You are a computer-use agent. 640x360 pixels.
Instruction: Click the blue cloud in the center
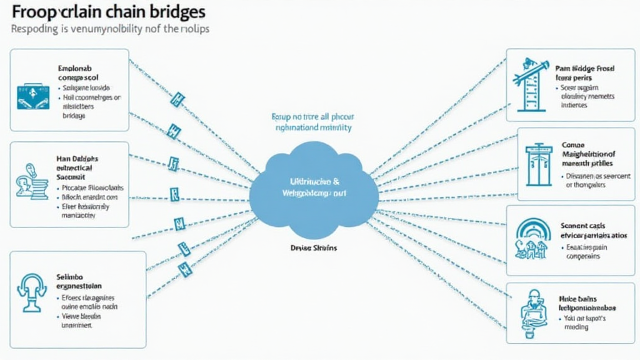tap(314, 187)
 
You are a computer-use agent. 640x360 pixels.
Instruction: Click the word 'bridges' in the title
tap(178, 12)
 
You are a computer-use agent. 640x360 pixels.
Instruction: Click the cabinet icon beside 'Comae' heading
tap(538, 165)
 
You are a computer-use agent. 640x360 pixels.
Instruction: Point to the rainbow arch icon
tap(534, 238)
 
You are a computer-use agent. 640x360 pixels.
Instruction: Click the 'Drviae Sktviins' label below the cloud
tap(314, 248)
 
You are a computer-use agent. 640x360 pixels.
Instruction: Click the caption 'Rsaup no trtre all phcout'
tap(313, 116)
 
